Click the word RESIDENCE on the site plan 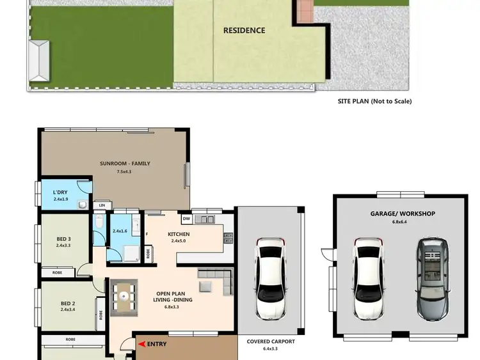[x=244, y=30]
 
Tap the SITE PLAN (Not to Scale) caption [x=374, y=101]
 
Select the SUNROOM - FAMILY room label [x=125, y=163]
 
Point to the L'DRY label [x=61, y=192]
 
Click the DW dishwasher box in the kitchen [x=186, y=219]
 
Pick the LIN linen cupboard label [x=101, y=205]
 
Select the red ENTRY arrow [x=141, y=344]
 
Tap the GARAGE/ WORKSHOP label [x=403, y=214]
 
